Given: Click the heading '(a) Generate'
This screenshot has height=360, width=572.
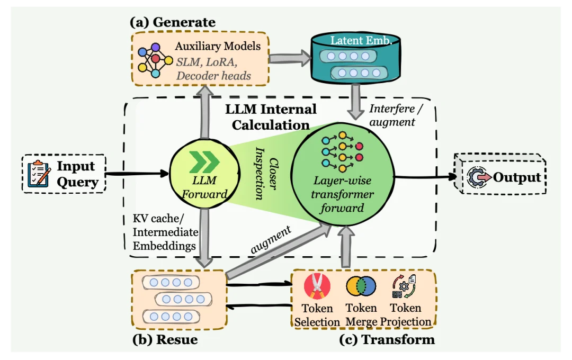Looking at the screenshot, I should coord(173,22).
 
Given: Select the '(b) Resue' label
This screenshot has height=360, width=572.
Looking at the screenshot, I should coord(165,339).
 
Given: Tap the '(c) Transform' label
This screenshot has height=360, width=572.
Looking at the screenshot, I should coord(387,339).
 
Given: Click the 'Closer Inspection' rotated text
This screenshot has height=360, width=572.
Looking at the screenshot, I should coord(266,178).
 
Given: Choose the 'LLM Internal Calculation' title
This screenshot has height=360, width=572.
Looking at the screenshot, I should coord(271,117).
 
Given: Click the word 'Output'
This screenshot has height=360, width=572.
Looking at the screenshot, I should coord(517,177).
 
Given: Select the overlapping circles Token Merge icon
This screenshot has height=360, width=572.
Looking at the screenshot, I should coord(361,286).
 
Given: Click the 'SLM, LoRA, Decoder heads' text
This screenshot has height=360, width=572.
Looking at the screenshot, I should coord(213,69).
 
